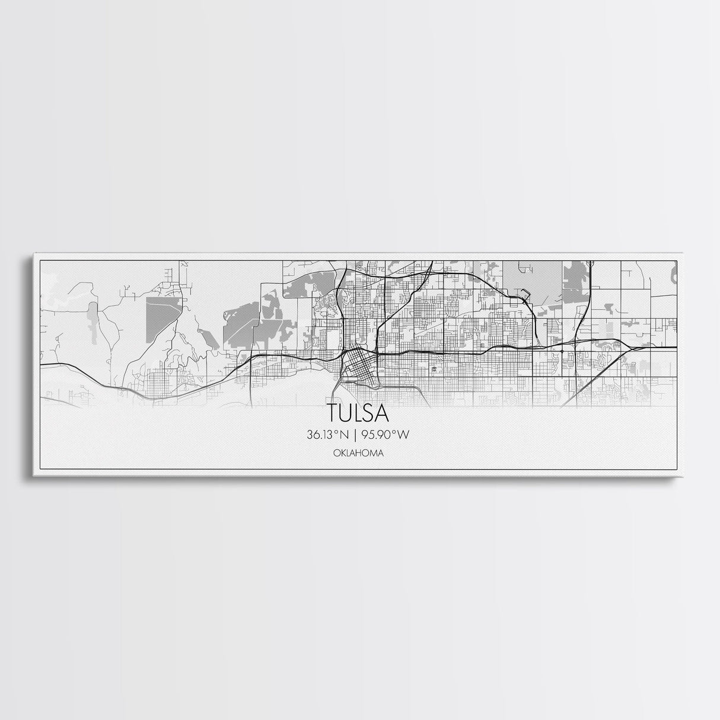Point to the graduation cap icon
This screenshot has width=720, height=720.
pyautogui.click(x=435, y=369)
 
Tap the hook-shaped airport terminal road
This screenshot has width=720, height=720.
pyautogui.click(x=524, y=291)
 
